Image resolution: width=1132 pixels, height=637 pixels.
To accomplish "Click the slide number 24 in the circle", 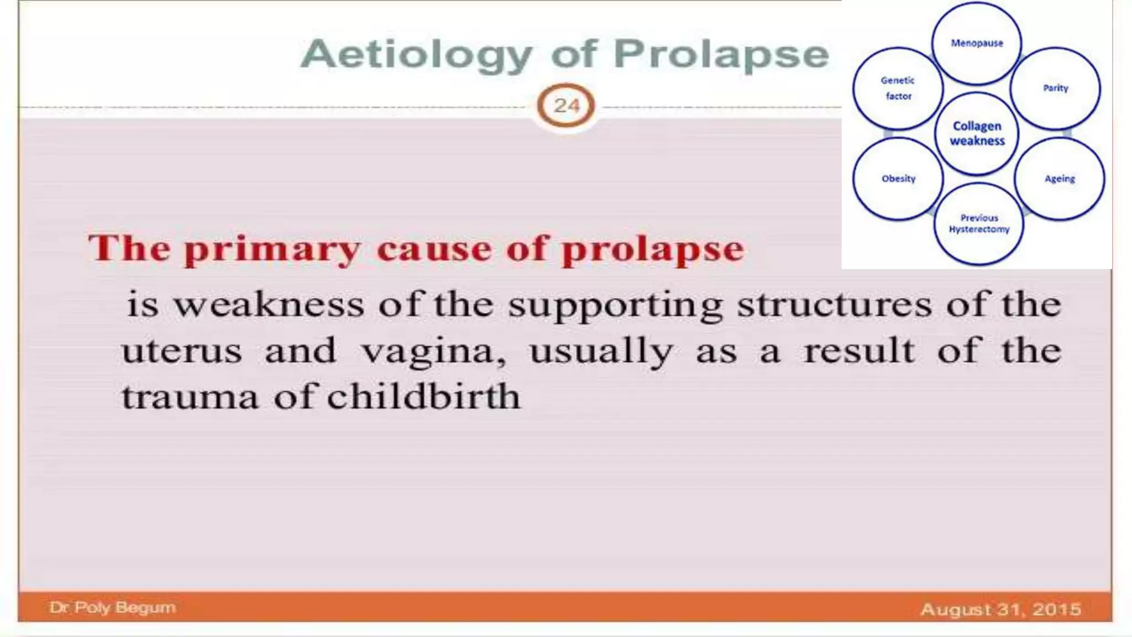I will click(x=566, y=105).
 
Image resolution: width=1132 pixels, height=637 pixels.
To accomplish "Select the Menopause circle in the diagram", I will click(x=977, y=43).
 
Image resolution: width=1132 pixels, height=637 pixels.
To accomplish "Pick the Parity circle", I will click(x=1055, y=88).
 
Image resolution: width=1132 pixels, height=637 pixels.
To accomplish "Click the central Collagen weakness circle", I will click(x=977, y=133).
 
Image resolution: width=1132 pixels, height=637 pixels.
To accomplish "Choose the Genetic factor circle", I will click(x=898, y=88).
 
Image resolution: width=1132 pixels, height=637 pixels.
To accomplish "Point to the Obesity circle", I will click(x=898, y=179).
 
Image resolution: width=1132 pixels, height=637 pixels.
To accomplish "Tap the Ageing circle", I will click(x=1059, y=179).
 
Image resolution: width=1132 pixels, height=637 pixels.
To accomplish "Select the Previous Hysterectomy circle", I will click(x=979, y=223).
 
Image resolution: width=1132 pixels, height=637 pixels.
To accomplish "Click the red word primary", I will click(x=272, y=249).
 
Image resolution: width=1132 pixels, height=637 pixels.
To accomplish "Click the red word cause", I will click(x=434, y=249).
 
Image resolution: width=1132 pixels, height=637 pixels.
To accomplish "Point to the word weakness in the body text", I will click(x=269, y=305).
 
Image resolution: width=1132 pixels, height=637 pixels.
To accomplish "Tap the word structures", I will click(x=835, y=305).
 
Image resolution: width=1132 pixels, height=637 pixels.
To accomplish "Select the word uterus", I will click(x=182, y=351).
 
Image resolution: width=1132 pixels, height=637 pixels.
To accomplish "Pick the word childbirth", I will click(x=423, y=396).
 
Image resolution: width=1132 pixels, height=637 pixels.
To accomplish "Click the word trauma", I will click(x=190, y=398).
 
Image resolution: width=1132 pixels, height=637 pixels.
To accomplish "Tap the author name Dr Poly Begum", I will click(x=112, y=608).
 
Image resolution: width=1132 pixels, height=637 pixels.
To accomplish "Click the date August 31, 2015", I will click(x=1000, y=609).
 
